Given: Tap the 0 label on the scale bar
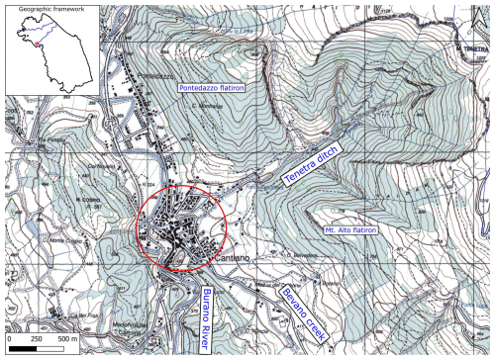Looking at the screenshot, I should tap(9, 339).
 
